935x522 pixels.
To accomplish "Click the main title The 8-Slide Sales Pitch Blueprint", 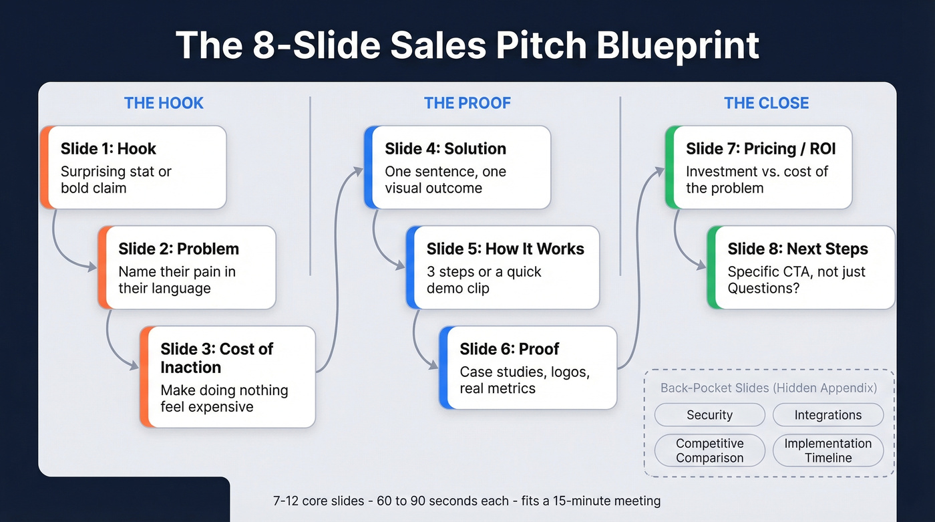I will point(467,45).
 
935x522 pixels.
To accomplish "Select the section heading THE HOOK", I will point(164,103).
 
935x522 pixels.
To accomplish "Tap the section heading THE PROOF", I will point(467,103).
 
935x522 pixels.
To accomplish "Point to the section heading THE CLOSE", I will point(766,103).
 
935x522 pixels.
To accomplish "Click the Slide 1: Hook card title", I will point(108,148).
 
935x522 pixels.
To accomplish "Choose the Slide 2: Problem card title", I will point(178,249).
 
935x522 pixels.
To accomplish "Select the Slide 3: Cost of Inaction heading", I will point(216,358).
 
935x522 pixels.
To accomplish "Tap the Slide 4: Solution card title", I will point(445,148).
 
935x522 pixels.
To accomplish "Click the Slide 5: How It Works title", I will point(505,249).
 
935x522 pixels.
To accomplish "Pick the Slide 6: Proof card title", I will point(509,349).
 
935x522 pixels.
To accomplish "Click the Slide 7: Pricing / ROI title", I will point(761,148).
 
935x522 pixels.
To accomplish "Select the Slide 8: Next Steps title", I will point(797,249).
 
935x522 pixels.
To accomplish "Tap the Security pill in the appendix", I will point(709,415).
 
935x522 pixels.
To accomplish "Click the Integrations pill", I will point(827,415).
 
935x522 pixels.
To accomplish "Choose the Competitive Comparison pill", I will point(709,450).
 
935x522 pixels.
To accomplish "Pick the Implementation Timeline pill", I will point(827,450).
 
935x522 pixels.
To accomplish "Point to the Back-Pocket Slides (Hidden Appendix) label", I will point(768,388).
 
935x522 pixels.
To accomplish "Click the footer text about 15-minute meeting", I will point(467,501).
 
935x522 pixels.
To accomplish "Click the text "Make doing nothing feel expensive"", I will point(224,398).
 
